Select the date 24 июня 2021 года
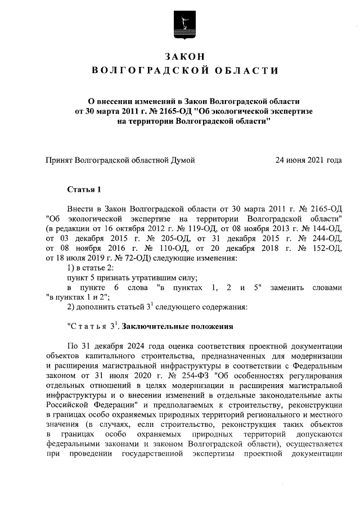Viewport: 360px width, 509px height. pos(308,160)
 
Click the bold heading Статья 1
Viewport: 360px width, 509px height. pos(83,189)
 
